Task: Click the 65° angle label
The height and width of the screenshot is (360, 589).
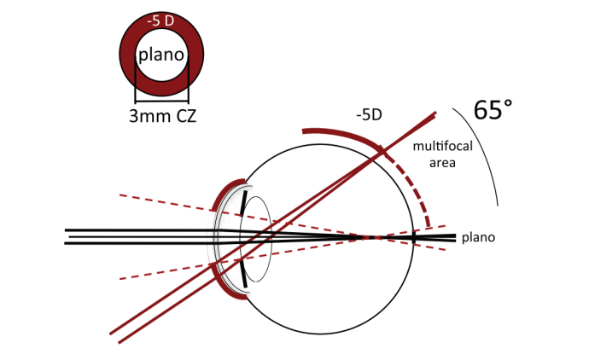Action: click(x=493, y=110)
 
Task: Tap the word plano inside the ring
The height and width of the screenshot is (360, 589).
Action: click(x=161, y=55)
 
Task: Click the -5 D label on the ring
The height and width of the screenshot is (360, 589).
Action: click(x=161, y=21)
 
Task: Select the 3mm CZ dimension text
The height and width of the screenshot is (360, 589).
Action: click(x=163, y=116)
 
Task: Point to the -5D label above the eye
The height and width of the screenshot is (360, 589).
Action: click(x=370, y=115)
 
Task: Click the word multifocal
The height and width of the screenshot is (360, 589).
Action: click(x=443, y=146)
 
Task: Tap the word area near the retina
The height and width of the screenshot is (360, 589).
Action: click(x=442, y=163)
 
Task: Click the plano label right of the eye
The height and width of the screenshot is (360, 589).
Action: click(x=478, y=237)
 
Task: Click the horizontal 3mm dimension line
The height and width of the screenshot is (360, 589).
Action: click(x=161, y=102)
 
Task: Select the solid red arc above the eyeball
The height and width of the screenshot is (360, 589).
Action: click(x=341, y=135)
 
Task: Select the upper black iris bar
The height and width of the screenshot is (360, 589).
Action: click(x=244, y=203)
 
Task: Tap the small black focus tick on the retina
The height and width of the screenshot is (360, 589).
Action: click(x=414, y=237)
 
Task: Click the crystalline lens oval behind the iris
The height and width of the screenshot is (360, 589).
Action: click(x=256, y=239)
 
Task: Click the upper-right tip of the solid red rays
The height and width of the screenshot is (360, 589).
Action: click(x=435, y=113)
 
